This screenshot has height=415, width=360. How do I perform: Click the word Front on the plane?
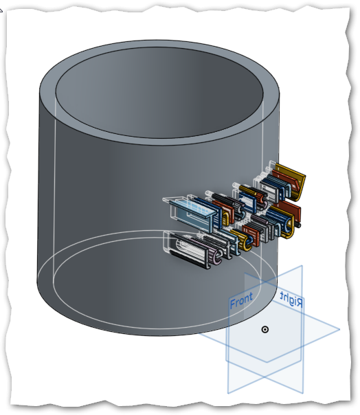tap(241, 300)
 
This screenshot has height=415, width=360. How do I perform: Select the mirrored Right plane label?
tap(291, 299)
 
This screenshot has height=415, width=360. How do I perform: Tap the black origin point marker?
tap(265, 330)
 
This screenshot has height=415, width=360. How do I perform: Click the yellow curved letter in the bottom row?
tap(245, 241)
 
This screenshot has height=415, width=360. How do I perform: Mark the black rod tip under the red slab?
tap(299, 225)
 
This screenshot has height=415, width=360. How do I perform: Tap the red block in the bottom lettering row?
tap(251, 235)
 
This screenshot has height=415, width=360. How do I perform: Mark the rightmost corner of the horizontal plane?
tap(339, 330)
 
